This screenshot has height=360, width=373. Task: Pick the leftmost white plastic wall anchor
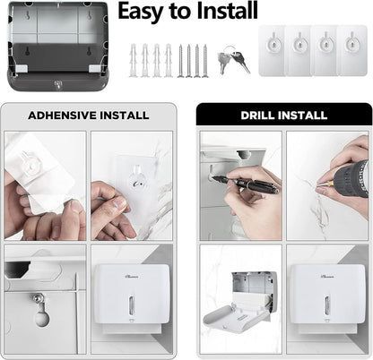point(133,60)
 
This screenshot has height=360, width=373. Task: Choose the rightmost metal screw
point(206,60)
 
